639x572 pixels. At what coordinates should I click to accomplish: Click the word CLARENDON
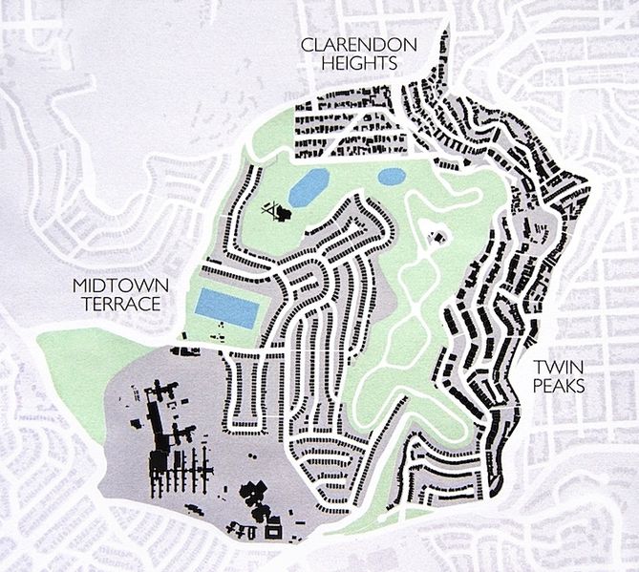tap(348, 45)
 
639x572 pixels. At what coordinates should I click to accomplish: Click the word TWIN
tap(557, 367)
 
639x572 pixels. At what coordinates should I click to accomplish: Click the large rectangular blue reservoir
tap(227, 307)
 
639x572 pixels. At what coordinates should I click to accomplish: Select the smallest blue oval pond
tap(392, 177)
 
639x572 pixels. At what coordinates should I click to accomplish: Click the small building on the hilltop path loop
tap(438, 235)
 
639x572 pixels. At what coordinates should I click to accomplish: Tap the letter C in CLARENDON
tap(307, 45)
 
